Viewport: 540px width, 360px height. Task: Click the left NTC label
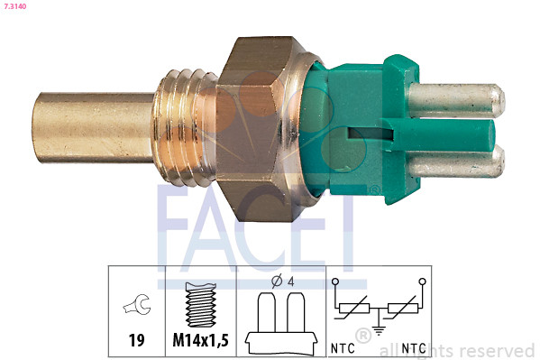pyautogui.click(x=343, y=346)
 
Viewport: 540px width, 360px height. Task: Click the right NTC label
pyautogui.click(x=414, y=346)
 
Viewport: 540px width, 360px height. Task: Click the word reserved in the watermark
pyautogui.click(x=494, y=350)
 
